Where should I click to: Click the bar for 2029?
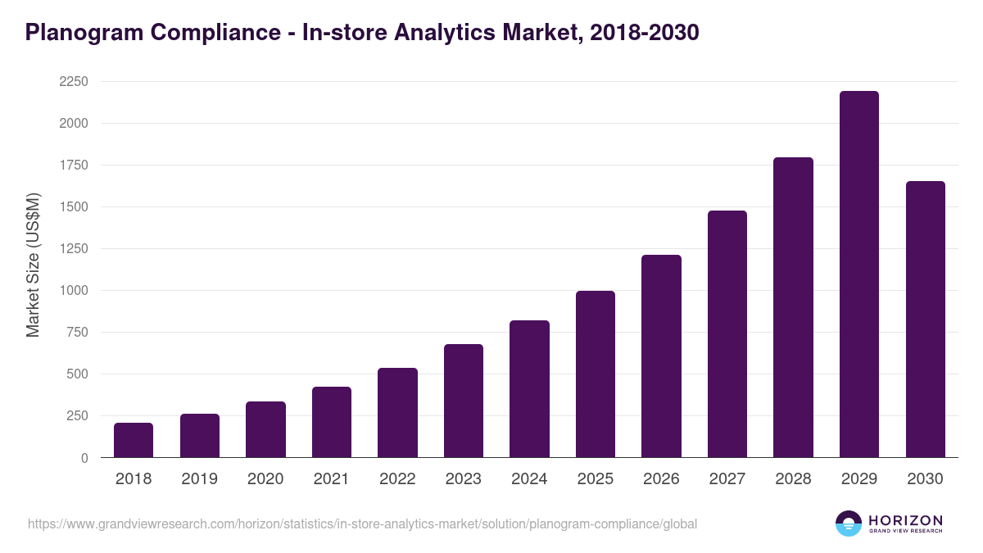click(x=858, y=274)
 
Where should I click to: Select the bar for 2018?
click(x=134, y=440)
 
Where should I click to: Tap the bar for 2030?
click(x=925, y=320)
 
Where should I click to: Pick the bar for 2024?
click(x=529, y=389)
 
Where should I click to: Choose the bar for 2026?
click(x=661, y=356)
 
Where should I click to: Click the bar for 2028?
click(x=793, y=307)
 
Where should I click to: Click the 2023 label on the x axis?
click(x=463, y=479)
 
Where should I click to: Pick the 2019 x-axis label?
click(x=199, y=479)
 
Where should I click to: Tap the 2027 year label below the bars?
click(x=727, y=479)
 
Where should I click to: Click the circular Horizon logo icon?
click(x=848, y=524)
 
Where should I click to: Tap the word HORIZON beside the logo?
click(x=905, y=519)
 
